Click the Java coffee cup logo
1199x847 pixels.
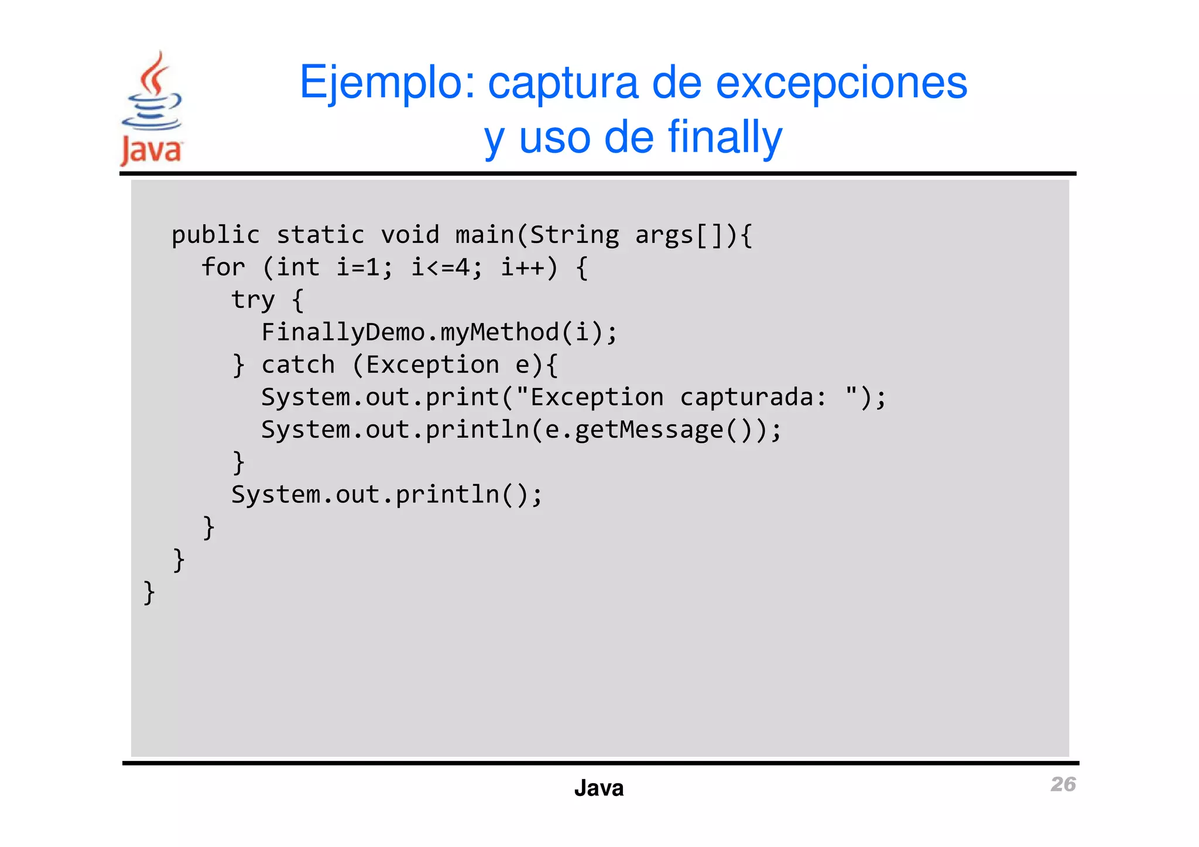point(152,108)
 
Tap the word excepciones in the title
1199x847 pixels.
point(841,83)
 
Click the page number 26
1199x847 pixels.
point(1063,784)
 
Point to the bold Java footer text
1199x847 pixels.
point(598,788)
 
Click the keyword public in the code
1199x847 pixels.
point(215,235)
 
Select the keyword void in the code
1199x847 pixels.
point(410,235)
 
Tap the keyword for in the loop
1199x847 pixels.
point(223,268)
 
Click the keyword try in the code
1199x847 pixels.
point(253,300)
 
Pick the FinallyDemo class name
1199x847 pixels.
point(343,332)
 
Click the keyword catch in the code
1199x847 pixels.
point(298,365)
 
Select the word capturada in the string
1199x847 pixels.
point(746,397)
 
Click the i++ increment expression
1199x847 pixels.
point(522,268)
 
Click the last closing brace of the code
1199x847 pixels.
point(149,592)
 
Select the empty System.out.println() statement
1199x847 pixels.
point(387,495)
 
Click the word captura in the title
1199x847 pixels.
point(563,83)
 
